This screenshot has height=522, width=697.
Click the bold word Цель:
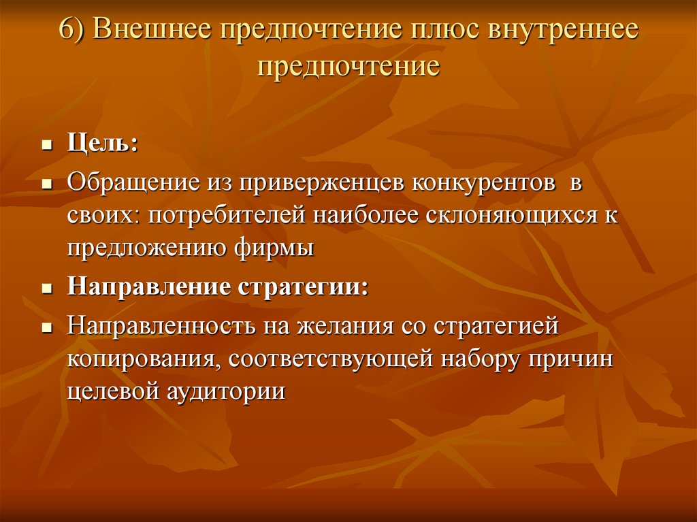tap(101, 145)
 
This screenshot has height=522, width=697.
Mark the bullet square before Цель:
tap(47, 146)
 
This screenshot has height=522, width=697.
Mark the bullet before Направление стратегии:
tap(47, 287)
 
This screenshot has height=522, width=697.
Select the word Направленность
tap(158, 325)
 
